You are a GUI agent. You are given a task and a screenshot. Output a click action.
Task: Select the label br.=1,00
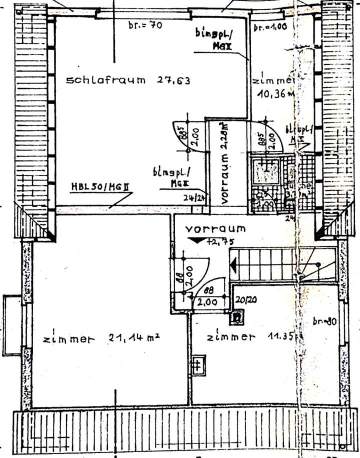click(270, 27)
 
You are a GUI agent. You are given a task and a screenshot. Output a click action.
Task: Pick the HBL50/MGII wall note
click(100, 188)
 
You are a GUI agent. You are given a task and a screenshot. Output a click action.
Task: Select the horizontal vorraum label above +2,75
click(215, 229)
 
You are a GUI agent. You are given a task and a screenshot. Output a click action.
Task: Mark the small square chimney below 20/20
click(237, 316)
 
